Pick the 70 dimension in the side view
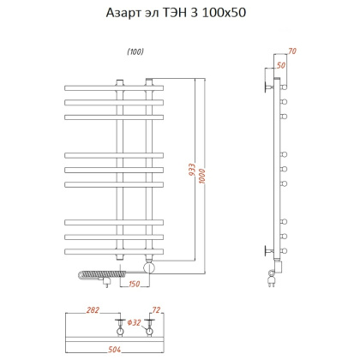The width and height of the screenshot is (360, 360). click(292, 52)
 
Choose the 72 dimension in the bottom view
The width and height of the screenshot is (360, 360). click(155, 310)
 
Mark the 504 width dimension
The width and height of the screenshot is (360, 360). click(114, 350)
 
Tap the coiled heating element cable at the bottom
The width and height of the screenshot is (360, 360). click(93, 275)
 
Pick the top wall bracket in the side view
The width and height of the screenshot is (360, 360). click(267, 87)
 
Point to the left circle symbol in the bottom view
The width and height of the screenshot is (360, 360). click(119, 328)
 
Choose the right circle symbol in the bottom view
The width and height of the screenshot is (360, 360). click(151, 328)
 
